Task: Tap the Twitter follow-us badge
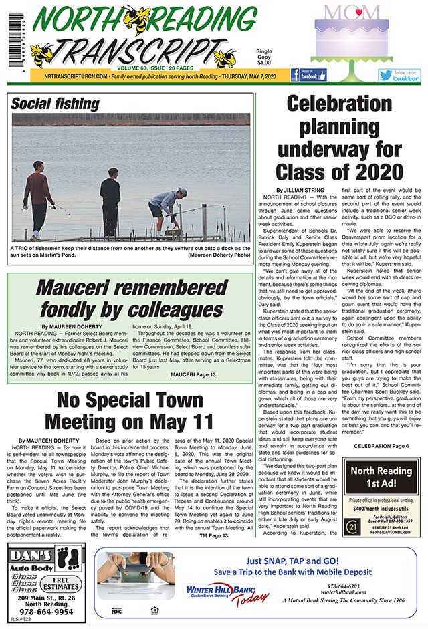click(399, 75)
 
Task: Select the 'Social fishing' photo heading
click(55, 103)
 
